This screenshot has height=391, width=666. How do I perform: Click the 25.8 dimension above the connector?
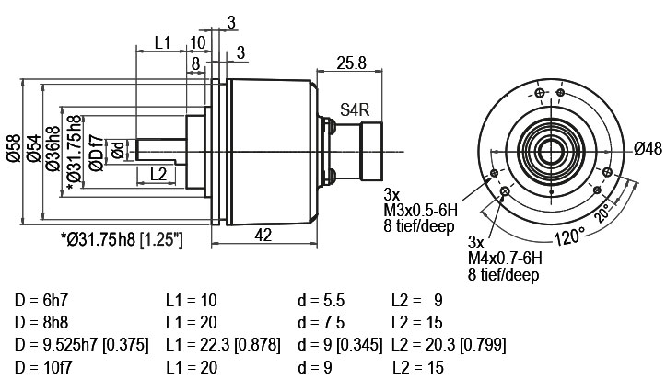pyautogui.click(x=351, y=63)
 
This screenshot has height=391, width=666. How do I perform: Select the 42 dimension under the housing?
pyautogui.click(x=263, y=235)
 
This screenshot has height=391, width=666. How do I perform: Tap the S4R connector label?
pyautogui.click(x=355, y=109)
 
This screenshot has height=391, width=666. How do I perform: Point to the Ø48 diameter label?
pyautogui.click(x=648, y=148)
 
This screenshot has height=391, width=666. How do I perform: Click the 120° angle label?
pyautogui.click(x=569, y=236)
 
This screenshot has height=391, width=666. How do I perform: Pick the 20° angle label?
pyautogui.click(x=604, y=213)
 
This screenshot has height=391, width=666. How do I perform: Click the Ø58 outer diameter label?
pyautogui.click(x=14, y=148)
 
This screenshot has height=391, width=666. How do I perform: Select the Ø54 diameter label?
pyautogui.click(x=34, y=148)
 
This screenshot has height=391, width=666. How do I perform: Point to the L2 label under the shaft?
pyautogui.click(x=158, y=174)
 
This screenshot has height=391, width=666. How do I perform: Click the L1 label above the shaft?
pyautogui.click(x=162, y=42)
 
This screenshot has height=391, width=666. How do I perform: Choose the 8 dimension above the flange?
pyautogui.click(x=195, y=63)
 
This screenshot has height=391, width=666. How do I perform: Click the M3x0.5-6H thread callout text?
pyautogui.click(x=420, y=210)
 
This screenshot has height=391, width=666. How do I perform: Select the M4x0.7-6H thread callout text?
pyautogui.click(x=505, y=258)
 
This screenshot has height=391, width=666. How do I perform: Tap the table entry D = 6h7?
pyautogui.click(x=41, y=300)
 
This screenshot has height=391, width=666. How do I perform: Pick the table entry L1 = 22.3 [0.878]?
pyautogui.click(x=224, y=345)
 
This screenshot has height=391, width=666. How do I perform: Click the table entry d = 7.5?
pyautogui.click(x=321, y=323)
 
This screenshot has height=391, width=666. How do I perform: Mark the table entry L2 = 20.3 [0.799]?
pyautogui.click(x=449, y=345)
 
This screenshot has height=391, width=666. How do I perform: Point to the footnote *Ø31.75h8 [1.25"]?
pyautogui.click(x=122, y=240)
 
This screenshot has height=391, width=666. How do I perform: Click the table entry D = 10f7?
pyautogui.click(x=43, y=367)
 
